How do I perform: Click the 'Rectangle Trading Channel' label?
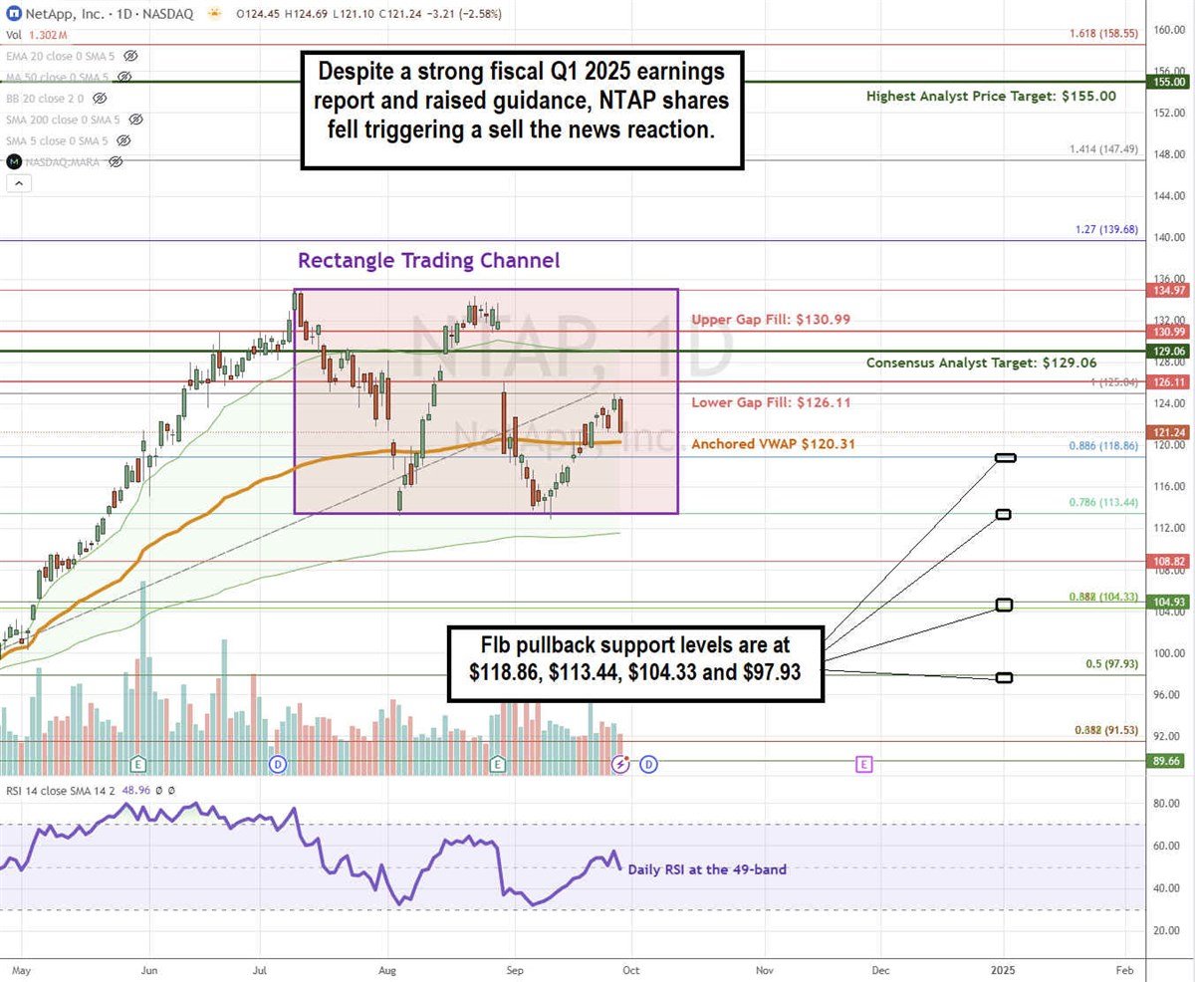[428, 261]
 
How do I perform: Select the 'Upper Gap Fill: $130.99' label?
[770, 320]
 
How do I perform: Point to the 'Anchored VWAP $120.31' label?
[772, 444]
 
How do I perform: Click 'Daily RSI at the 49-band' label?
[707, 869]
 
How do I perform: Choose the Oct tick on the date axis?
[630, 967]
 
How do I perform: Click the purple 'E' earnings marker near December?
[863, 764]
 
